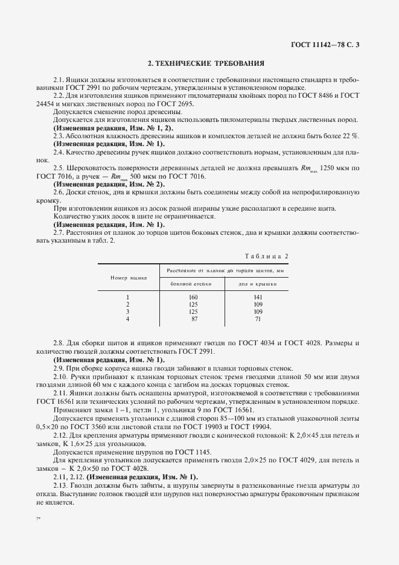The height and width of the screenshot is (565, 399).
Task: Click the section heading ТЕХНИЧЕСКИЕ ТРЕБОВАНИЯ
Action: click(x=206, y=63)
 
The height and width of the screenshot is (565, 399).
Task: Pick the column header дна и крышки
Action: click(x=258, y=283)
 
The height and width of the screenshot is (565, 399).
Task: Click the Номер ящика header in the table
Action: click(x=128, y=277)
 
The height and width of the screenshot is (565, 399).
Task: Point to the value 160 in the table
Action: click(x=193, y=297)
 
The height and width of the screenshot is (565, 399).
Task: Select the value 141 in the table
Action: click(x=258, y=297)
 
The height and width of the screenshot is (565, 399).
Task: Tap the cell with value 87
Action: click(x=194, y=319)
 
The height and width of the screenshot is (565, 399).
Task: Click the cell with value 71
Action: click(x=258, y=319)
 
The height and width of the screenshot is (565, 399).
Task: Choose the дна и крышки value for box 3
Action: click(x=258, y=311)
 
